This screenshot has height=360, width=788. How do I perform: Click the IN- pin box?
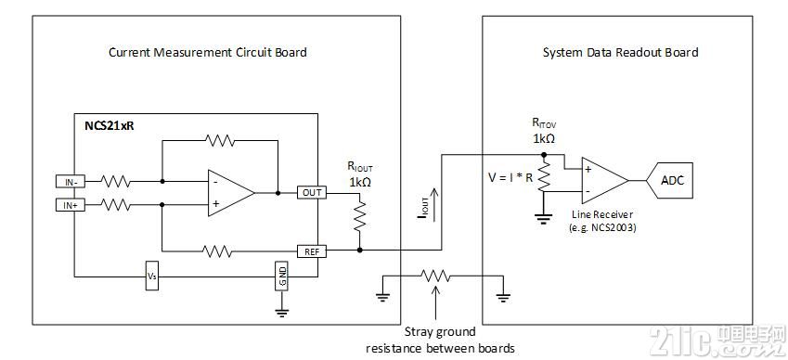coord(70,182)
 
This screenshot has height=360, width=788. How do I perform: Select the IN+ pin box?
coord(70,205)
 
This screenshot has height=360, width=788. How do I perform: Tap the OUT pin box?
coord(312,193)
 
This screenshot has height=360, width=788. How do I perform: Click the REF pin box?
coord(312,251)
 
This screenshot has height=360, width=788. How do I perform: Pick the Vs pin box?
coord(152,276)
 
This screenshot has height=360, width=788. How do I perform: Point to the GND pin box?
coord(281,276)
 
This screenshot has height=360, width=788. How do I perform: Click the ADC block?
coord(669,180)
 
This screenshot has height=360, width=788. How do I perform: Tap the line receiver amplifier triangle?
coord(605,181)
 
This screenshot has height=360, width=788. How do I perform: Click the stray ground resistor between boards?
coord(435,276)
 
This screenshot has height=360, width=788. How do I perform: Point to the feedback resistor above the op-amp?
coord(220,141)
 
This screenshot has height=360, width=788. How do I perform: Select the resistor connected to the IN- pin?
coord(115,182)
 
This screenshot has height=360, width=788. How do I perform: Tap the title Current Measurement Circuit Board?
coord(208,52)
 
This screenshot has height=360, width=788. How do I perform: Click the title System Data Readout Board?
coord(621,52)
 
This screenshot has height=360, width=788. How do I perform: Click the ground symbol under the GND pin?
coord(281,312)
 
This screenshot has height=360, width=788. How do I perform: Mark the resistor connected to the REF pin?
coord(217,251)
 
